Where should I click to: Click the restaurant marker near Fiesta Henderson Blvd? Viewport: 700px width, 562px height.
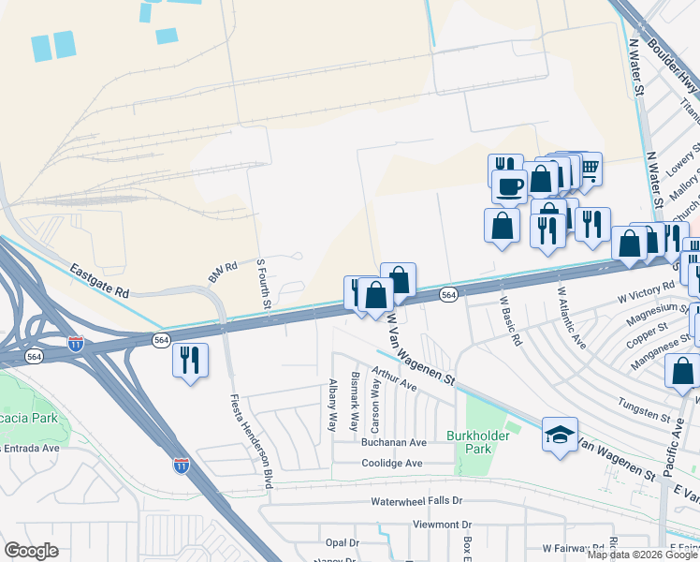pos(190,360)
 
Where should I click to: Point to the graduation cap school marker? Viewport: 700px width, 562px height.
pos(560,435)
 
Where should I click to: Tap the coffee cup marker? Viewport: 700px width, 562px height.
pos(509,186)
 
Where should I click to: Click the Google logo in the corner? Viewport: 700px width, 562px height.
pos(31,550)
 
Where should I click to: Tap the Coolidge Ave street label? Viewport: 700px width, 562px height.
pos(392,463)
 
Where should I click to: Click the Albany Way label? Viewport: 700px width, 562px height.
pos(331,405)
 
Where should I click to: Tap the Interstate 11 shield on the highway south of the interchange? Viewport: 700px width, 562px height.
pos(181,465)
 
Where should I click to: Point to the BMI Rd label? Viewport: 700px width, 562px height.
pos(224,272)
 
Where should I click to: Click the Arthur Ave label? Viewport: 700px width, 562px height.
pos(393,378)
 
